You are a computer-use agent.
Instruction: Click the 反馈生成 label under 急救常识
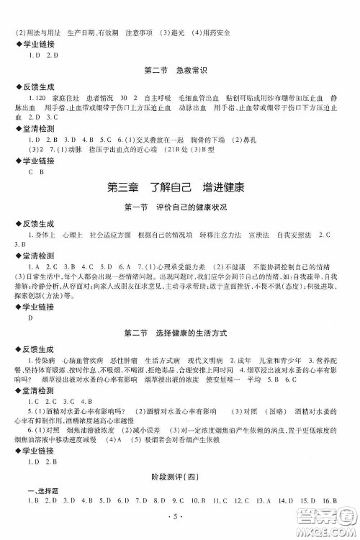coord(35,84)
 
